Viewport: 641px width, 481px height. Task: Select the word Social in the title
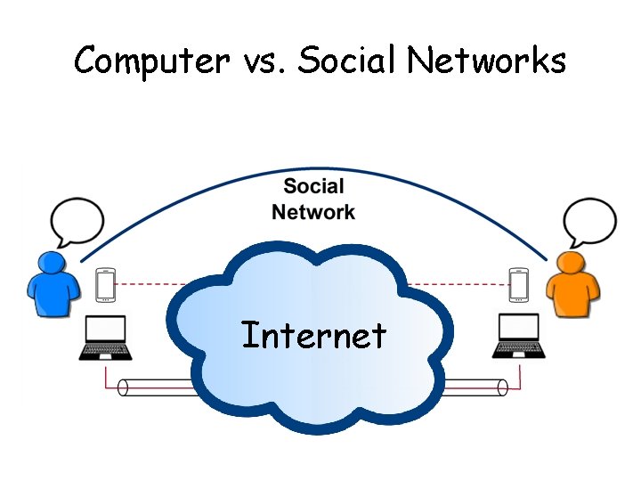coord(349,61)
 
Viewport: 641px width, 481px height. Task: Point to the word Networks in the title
coord(487,61)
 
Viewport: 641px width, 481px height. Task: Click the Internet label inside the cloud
coord(313,336)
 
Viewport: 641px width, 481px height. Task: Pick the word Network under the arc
coord(313,212)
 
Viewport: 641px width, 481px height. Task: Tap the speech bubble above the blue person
coord(77,222)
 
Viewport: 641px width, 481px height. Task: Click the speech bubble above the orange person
coord(590,222)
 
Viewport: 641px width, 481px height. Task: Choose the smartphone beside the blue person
coord(106,285)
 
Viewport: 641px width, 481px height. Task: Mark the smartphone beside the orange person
coord(519,285)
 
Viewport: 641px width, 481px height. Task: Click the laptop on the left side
coord(105,338)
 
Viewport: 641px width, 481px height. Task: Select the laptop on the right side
coord(518,338)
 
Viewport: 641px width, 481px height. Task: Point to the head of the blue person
coord(51,263)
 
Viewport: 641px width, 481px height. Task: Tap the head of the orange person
coord(570,263)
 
